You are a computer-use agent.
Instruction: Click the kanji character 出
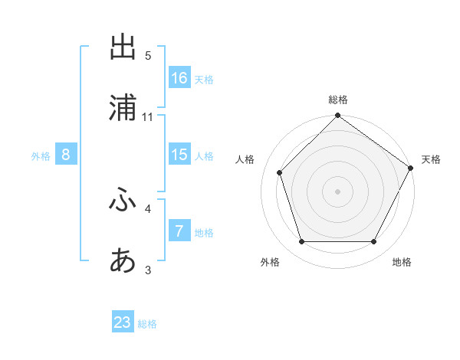click(x=123, y=47)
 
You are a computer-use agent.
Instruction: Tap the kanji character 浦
click(x=123, y=110)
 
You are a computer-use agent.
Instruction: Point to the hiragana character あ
click(x=123, y=261)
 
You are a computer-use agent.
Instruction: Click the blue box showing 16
click(x=179, y=77)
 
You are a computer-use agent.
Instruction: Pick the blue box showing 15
click(x=179, y=154)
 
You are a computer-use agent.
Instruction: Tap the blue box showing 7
click(x=179, y=231)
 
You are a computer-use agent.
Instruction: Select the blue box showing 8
click(x=66, y=154)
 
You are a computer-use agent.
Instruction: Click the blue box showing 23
click(x=123, y=322)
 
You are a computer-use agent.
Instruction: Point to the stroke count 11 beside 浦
click(x=148, y=117)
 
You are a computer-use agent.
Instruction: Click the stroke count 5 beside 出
click(x=148, y=55)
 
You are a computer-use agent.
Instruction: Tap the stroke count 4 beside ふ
click(x=148, y=208)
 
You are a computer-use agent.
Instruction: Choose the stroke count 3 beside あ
click(x=148, y=270)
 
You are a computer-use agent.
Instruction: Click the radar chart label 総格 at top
click(x=338, y=100)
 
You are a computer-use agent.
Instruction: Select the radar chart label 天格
click(x=431, y=159)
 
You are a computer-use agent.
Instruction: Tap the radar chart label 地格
click(x=402, y=262)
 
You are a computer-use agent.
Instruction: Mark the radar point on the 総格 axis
click(x=338, y=116)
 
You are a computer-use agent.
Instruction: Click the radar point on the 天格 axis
click(x=411, y=169)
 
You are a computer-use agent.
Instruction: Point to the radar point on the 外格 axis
click(x=301, y=242)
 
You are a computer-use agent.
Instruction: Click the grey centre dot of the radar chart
click(x=338, y=191)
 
